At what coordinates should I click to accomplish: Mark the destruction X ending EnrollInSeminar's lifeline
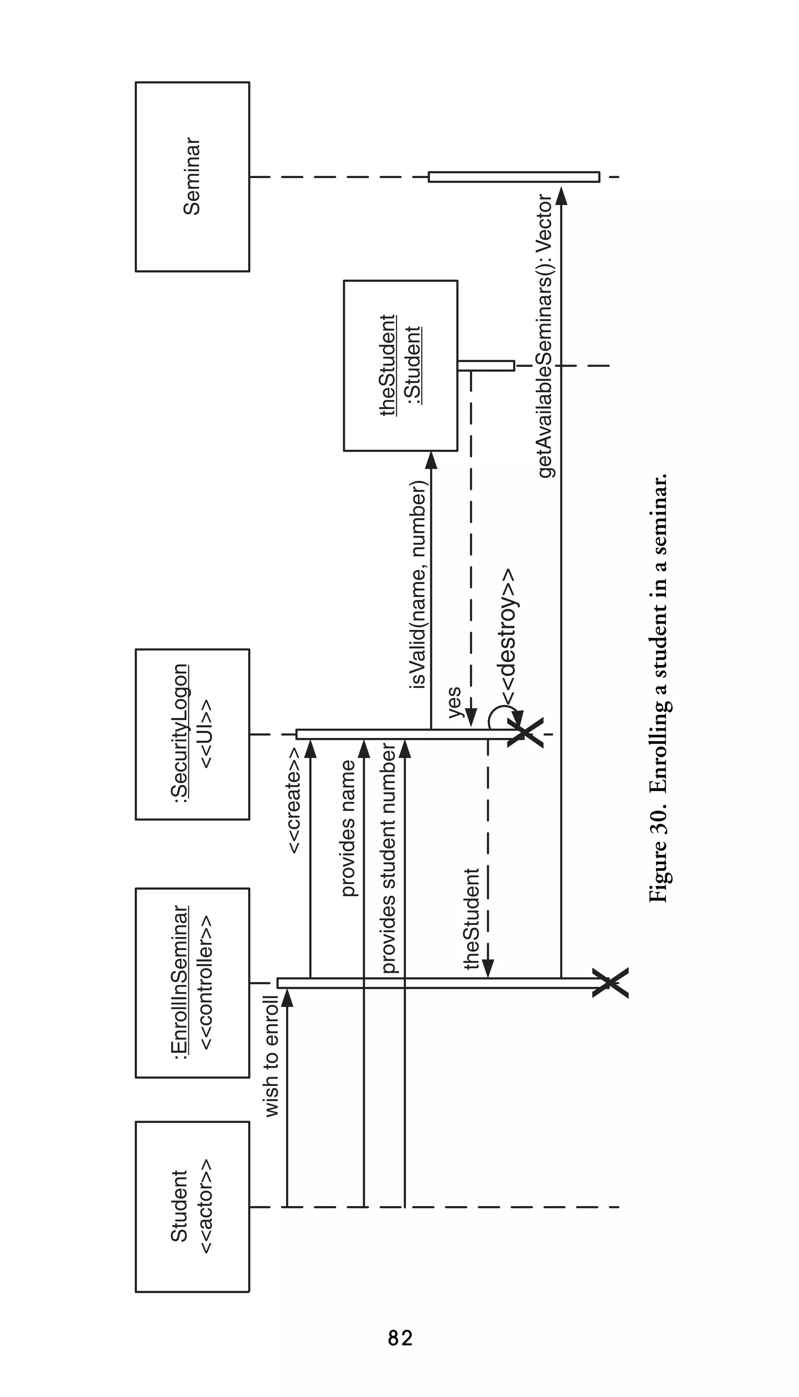click(x=610, y=983)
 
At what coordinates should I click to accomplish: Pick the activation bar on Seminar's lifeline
click(x=514, y=177)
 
